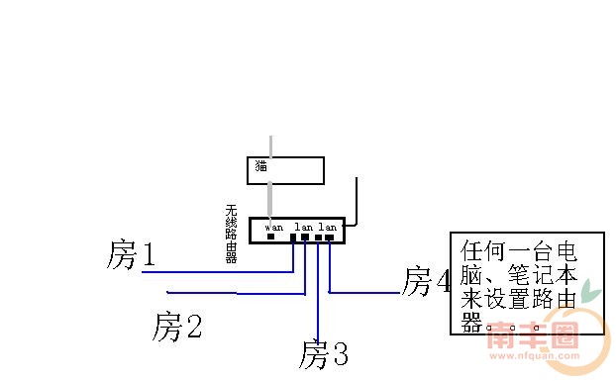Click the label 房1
tap(132, 255)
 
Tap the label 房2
tap(178, 326)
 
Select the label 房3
tap(324, 353)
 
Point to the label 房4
tap(427, 281)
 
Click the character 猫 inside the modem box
tap(261, 165)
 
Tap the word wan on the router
tap(273, 227)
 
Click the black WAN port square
tap(271, 238)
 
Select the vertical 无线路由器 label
tap(232, 234)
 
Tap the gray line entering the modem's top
tap(272, 145)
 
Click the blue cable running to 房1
tap(218, 271)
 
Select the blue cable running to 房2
tap(238, 293)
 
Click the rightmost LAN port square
tap(330, 238)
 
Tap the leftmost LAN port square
tap(293, 238)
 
